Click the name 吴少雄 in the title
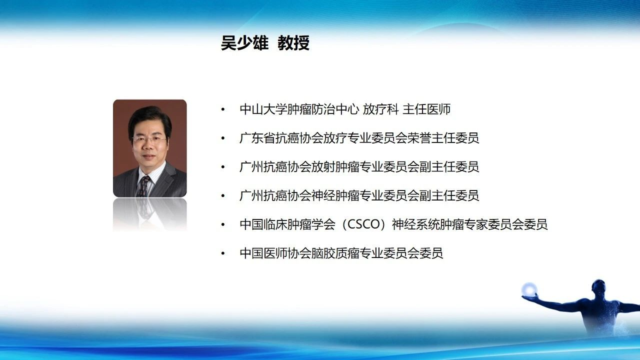point(245,43)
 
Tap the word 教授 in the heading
point(293,43)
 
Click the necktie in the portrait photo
point(143,186)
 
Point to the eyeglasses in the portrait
point(149,139)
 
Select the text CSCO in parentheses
point(363,224)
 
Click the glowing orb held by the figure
point(529,289)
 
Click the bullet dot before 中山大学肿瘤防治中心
point(223,109)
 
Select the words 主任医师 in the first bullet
point(426,109)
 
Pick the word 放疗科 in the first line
point(380,109)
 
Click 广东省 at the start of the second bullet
point(257,138)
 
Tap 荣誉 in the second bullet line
point(419,138)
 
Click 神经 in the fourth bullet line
point(323,195)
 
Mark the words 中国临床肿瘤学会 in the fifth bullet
point(287,224)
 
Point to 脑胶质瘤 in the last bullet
point(335,253)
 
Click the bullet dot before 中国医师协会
point(223,253)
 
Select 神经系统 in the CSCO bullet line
point(415,224)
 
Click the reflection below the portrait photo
point(150,214)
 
